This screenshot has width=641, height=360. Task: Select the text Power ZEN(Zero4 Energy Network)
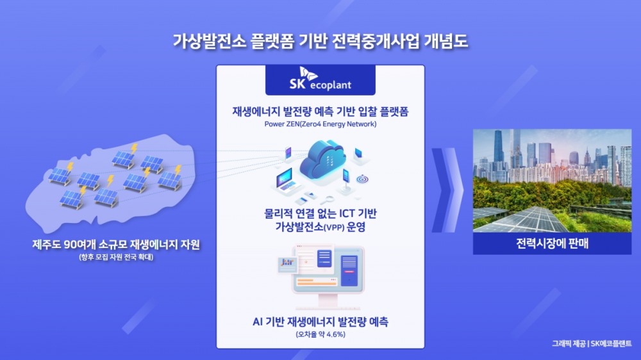(320, 124)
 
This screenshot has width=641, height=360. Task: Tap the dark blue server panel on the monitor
(349, 271)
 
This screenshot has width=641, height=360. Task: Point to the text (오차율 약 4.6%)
(320, 334)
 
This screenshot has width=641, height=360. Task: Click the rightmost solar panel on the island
(170, 179)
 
